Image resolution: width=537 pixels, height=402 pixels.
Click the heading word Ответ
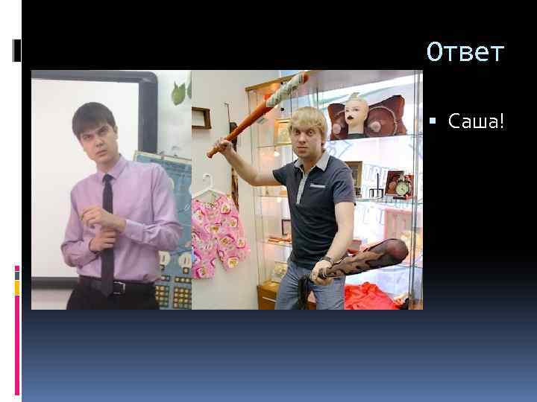click(x=465, y=53)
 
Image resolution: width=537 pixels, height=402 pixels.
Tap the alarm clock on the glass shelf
click(x=403, y=188)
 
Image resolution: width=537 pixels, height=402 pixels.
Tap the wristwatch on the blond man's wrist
click(x=326, y=260)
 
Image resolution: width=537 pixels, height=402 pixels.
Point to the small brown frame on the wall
click(x=201, y=118)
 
